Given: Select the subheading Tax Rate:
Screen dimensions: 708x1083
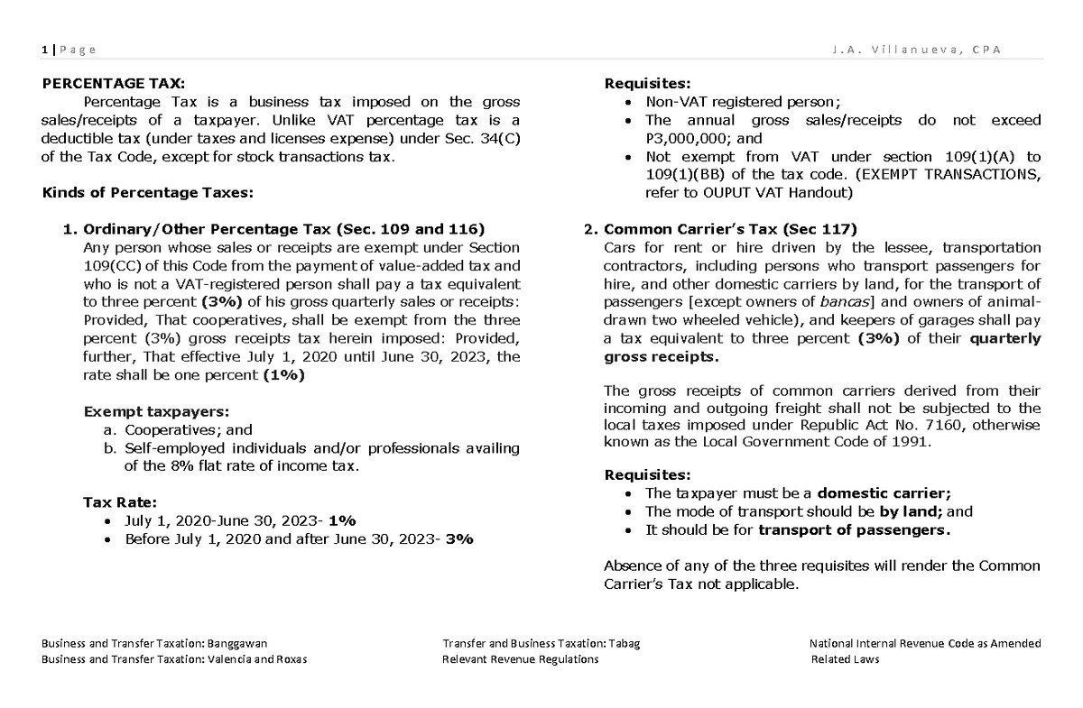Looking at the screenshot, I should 120,501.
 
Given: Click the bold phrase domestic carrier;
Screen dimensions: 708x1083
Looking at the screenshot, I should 884,492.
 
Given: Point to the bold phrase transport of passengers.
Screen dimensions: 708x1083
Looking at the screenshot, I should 854,529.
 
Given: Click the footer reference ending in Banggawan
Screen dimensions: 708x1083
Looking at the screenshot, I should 154,643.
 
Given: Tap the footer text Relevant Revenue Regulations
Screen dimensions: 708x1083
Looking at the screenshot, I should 520,658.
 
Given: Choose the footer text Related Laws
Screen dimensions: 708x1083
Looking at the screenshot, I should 845,658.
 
